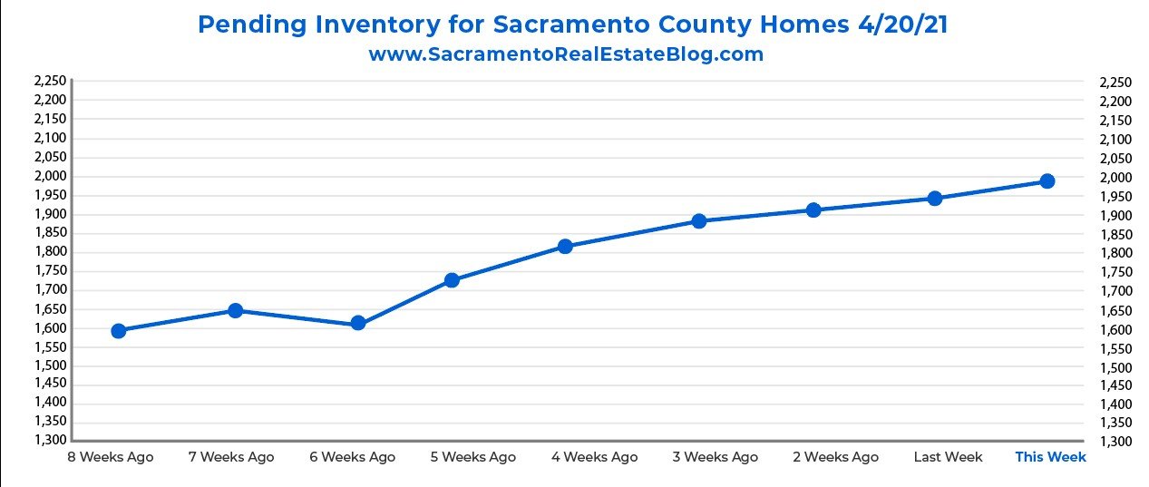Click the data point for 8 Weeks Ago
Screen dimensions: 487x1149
(118, 330)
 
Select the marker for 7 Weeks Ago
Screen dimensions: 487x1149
(235, 310)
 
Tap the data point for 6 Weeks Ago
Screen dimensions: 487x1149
(357, 323)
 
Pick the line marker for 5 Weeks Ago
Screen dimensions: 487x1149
(452, 279)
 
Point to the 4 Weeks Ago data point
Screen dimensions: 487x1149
(565, 246)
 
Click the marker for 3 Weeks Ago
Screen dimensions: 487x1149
(698, 220)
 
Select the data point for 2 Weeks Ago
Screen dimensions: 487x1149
(813, 209)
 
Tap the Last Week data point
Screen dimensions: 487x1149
(935, 198)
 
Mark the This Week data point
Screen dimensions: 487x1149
(1047, 180)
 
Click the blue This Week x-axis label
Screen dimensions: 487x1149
(1050, 457)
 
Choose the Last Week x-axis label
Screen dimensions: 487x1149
(948, 457)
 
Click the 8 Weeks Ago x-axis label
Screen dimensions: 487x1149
(111, 457)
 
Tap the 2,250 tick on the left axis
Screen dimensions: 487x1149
(49, 82)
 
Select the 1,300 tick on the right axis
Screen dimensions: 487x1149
(1115, 442)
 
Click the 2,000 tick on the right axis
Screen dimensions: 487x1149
(1115, 177)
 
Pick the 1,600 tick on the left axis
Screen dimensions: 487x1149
(49, 328)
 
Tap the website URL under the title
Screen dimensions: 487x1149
(566, 54)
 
